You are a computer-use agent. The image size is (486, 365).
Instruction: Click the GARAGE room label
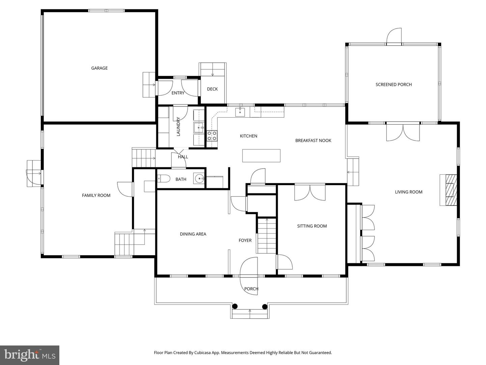coord(99,68)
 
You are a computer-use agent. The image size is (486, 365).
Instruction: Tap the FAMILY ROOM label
coord(96,195)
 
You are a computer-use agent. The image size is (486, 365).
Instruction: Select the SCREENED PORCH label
coord(394,84)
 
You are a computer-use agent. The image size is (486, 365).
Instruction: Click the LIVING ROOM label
coord(408,192)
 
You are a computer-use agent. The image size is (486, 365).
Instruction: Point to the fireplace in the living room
coord(449,190)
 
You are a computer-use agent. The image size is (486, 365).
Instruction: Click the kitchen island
coord(261,156)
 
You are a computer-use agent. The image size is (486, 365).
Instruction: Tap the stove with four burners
coord(212,136)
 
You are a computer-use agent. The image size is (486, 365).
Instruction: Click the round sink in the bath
coord(199,178)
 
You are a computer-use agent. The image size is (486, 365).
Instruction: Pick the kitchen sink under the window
coord(240,112)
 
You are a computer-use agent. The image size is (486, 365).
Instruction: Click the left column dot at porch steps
coord(235,307)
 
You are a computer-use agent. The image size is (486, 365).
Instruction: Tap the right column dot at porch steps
coord(265,307)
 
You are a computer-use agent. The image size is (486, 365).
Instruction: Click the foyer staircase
coord(267,236)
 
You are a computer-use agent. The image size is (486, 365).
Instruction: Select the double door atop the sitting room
coord(310,192)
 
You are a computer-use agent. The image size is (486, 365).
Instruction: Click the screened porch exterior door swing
coord(394,36)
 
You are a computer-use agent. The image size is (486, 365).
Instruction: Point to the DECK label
coord(212,89)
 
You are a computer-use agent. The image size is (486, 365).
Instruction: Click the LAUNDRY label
coord(178,126)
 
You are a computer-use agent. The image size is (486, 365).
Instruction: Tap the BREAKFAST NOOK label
coord(313,141)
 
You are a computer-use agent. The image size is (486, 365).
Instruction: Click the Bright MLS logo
coord(30,355)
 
